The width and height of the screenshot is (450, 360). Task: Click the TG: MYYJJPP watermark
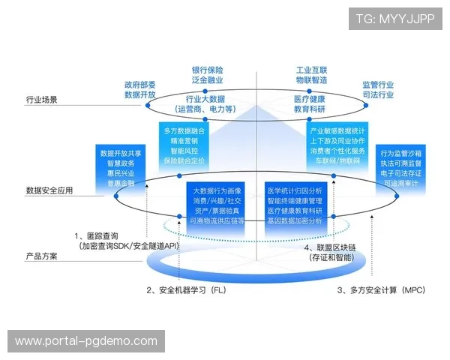click(395, 18)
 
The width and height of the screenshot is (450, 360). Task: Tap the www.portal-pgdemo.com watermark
click(86, 341)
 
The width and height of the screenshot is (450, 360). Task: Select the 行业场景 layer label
click(42, 99)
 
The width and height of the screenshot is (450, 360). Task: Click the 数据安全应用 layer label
click(49, 191)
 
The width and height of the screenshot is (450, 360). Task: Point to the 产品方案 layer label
click(42, 256)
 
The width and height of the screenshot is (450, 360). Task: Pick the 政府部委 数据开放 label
click(140, 90)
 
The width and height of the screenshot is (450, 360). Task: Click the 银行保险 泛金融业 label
click(208, 74)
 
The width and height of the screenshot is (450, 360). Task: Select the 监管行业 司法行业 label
click(379, 90)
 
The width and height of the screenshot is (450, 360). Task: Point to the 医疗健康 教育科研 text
click(309, 104)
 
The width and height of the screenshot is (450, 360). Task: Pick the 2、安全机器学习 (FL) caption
click(186, 289)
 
